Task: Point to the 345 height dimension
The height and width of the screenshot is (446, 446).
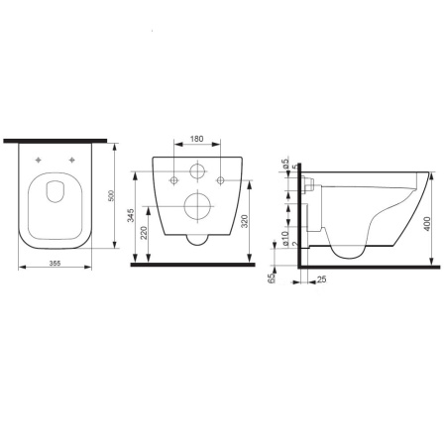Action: click(132, 217)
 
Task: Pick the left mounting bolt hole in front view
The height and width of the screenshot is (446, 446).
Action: click(173, 179)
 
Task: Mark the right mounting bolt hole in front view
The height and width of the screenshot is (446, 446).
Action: click(221, 179)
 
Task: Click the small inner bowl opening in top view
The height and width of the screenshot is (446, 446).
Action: click(56, 198)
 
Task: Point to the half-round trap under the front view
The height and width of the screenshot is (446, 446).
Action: click(197, 240)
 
